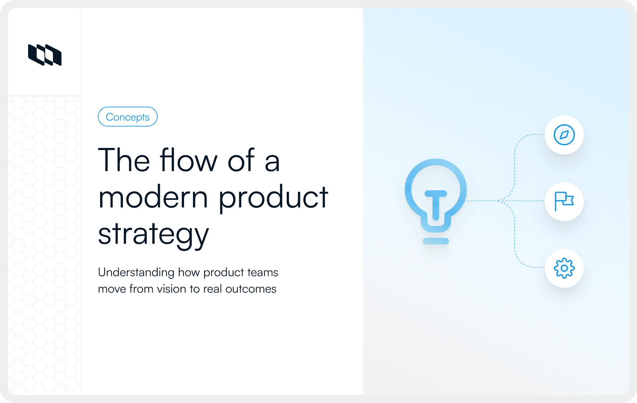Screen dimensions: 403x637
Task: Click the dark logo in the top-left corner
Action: coord(45,55)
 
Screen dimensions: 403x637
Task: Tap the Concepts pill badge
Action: coord(128,117)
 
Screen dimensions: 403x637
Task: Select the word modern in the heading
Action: coord(153,197)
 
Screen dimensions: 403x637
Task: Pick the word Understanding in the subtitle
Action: coord(136,273)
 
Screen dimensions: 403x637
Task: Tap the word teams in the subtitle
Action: coord(262,273)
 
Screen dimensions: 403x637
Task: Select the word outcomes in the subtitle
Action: coord(251,289)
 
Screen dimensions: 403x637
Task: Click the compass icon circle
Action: coord(564,135)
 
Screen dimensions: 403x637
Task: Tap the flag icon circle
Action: coord(564,201)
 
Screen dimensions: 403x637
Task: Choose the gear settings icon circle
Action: coord(564,268)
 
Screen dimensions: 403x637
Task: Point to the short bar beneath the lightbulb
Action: coord(435,241)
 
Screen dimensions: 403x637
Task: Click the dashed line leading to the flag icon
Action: coord(525,201)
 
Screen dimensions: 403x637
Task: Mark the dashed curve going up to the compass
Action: coord(515,159)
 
